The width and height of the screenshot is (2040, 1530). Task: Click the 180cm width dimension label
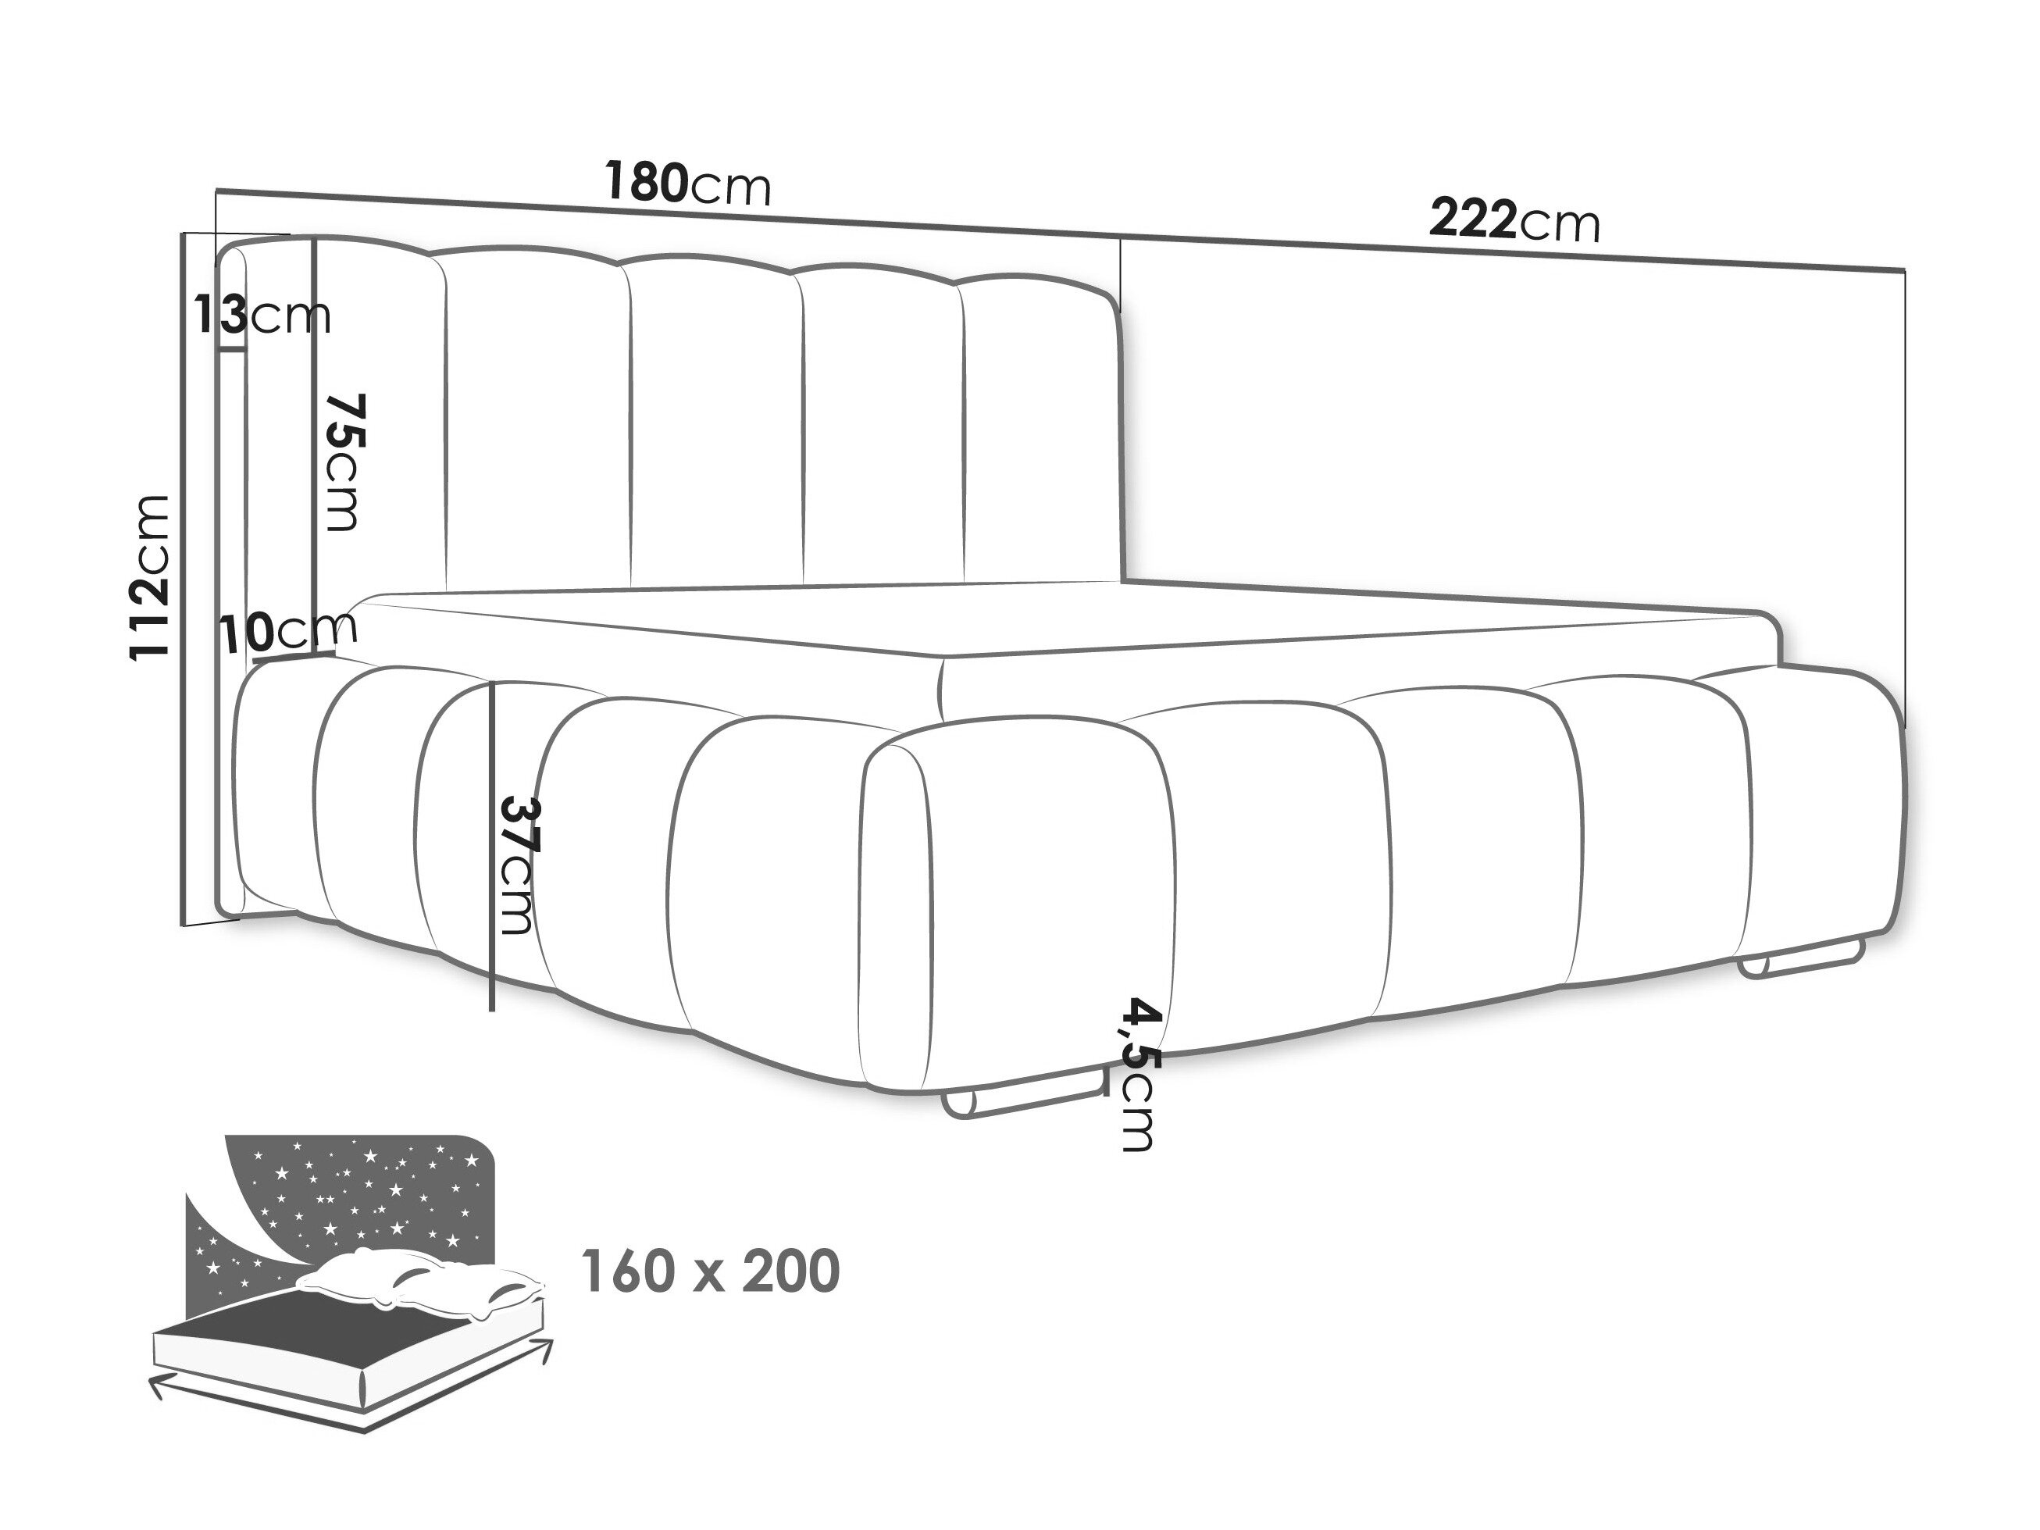[687, 184]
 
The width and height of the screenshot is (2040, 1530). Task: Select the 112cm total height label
[150, 577]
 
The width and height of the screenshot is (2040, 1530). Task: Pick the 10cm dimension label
[287, 632]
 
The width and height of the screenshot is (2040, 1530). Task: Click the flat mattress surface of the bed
[738, 618]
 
